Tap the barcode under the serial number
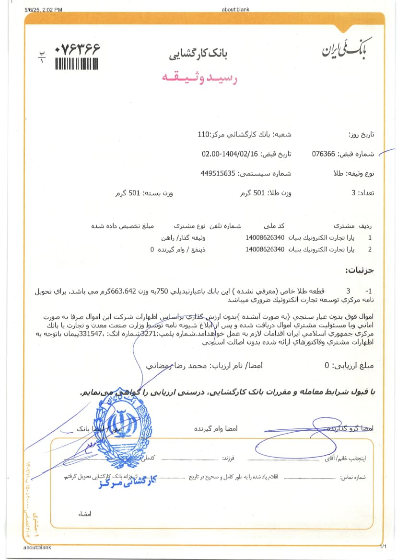[77, 64]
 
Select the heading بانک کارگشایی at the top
[198, 54]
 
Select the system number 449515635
[218, 173]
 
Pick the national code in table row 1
[265, 237]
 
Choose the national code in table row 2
[265, 249]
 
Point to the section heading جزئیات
[359, 271]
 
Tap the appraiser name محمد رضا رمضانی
[172, 365]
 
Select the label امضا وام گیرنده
[216, 428]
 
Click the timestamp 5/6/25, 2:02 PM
[43, 10]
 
